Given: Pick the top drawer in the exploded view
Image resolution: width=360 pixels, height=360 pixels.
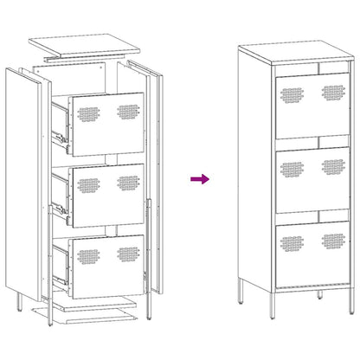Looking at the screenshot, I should click(x=107, y=115).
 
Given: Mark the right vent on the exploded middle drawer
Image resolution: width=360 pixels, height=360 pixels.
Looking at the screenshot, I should click(x=129, y=183).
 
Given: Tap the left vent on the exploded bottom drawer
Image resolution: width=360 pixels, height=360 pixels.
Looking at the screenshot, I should click(x=89, y=257).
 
